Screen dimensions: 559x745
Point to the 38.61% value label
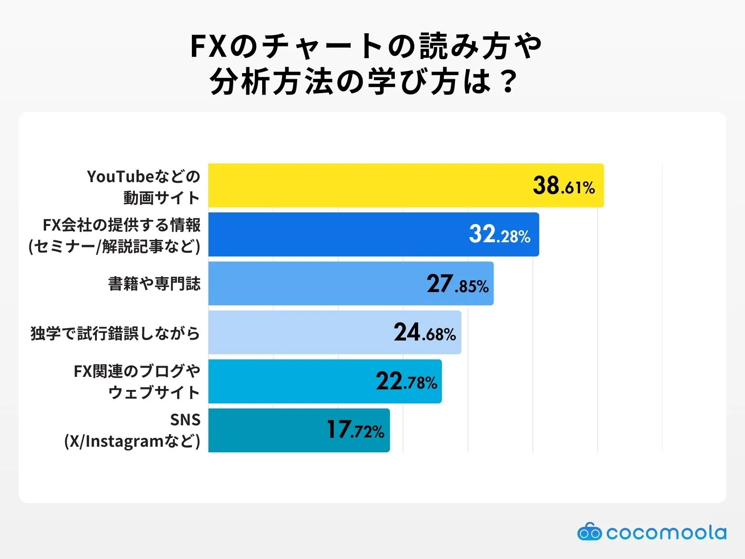point(564,186)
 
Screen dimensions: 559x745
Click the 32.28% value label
point(500,235)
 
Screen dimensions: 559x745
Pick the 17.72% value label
point(355,430)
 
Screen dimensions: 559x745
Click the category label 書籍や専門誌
point(154,284)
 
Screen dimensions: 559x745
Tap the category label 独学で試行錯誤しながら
point(115,334)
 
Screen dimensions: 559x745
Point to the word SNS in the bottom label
point(185,420)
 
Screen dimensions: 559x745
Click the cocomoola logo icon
point(589,532)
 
